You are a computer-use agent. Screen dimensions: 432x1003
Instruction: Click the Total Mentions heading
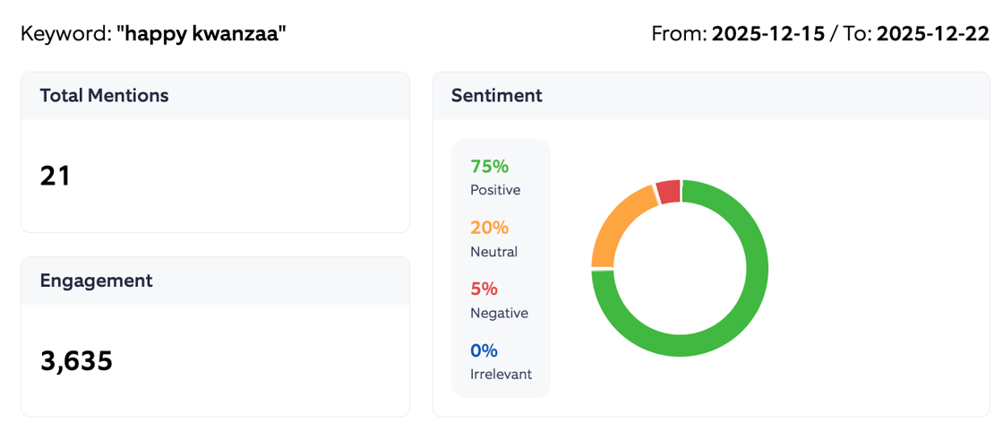pos(104,96)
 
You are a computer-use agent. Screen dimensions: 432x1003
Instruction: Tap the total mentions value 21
pos(56,176)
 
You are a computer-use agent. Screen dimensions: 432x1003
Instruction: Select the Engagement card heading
pos(96,281)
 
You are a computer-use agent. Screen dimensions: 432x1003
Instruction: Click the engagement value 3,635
pos(76,360)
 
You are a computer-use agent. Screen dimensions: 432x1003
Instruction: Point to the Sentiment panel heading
pos(496,96)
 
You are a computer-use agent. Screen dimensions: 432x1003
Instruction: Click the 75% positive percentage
pos(489,166)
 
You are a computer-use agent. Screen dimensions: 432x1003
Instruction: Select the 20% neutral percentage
pos(489,228)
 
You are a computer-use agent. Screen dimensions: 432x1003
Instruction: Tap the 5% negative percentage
pos(484,289)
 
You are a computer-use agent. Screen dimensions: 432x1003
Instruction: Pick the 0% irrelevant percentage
pos(484,350)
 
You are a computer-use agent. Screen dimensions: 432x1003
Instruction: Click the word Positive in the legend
pos(495,190)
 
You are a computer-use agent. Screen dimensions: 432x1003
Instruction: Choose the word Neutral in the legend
pos(493,252)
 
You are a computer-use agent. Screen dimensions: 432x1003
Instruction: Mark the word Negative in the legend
pos(499,313)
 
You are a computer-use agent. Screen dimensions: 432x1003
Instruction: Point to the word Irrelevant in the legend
pos(501,374)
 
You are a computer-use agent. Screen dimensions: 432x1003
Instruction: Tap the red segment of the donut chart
pos(668,191)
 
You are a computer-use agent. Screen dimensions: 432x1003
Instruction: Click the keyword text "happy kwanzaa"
pos(201,35)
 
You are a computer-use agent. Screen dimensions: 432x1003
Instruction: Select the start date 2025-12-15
pos(767,35)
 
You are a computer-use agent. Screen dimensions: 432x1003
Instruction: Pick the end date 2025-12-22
pos(932,35)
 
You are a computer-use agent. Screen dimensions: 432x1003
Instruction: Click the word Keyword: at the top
pos(65,35)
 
